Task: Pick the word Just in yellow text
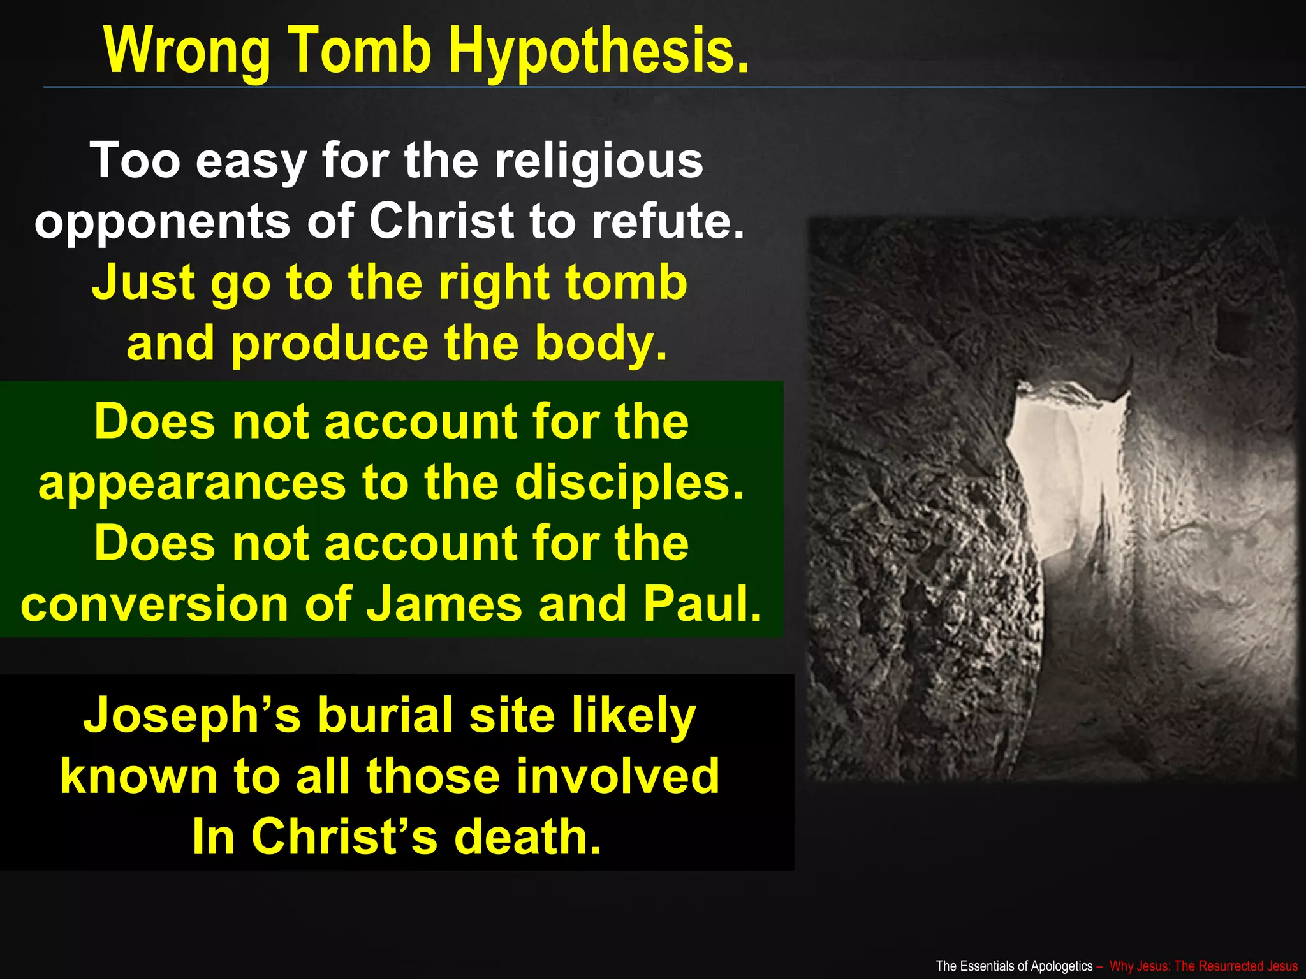coord(143,282)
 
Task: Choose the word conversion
coord(155,604)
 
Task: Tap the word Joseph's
coord(192,716)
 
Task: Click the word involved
coord(617,776)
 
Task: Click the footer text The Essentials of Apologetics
coord(1014,966)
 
